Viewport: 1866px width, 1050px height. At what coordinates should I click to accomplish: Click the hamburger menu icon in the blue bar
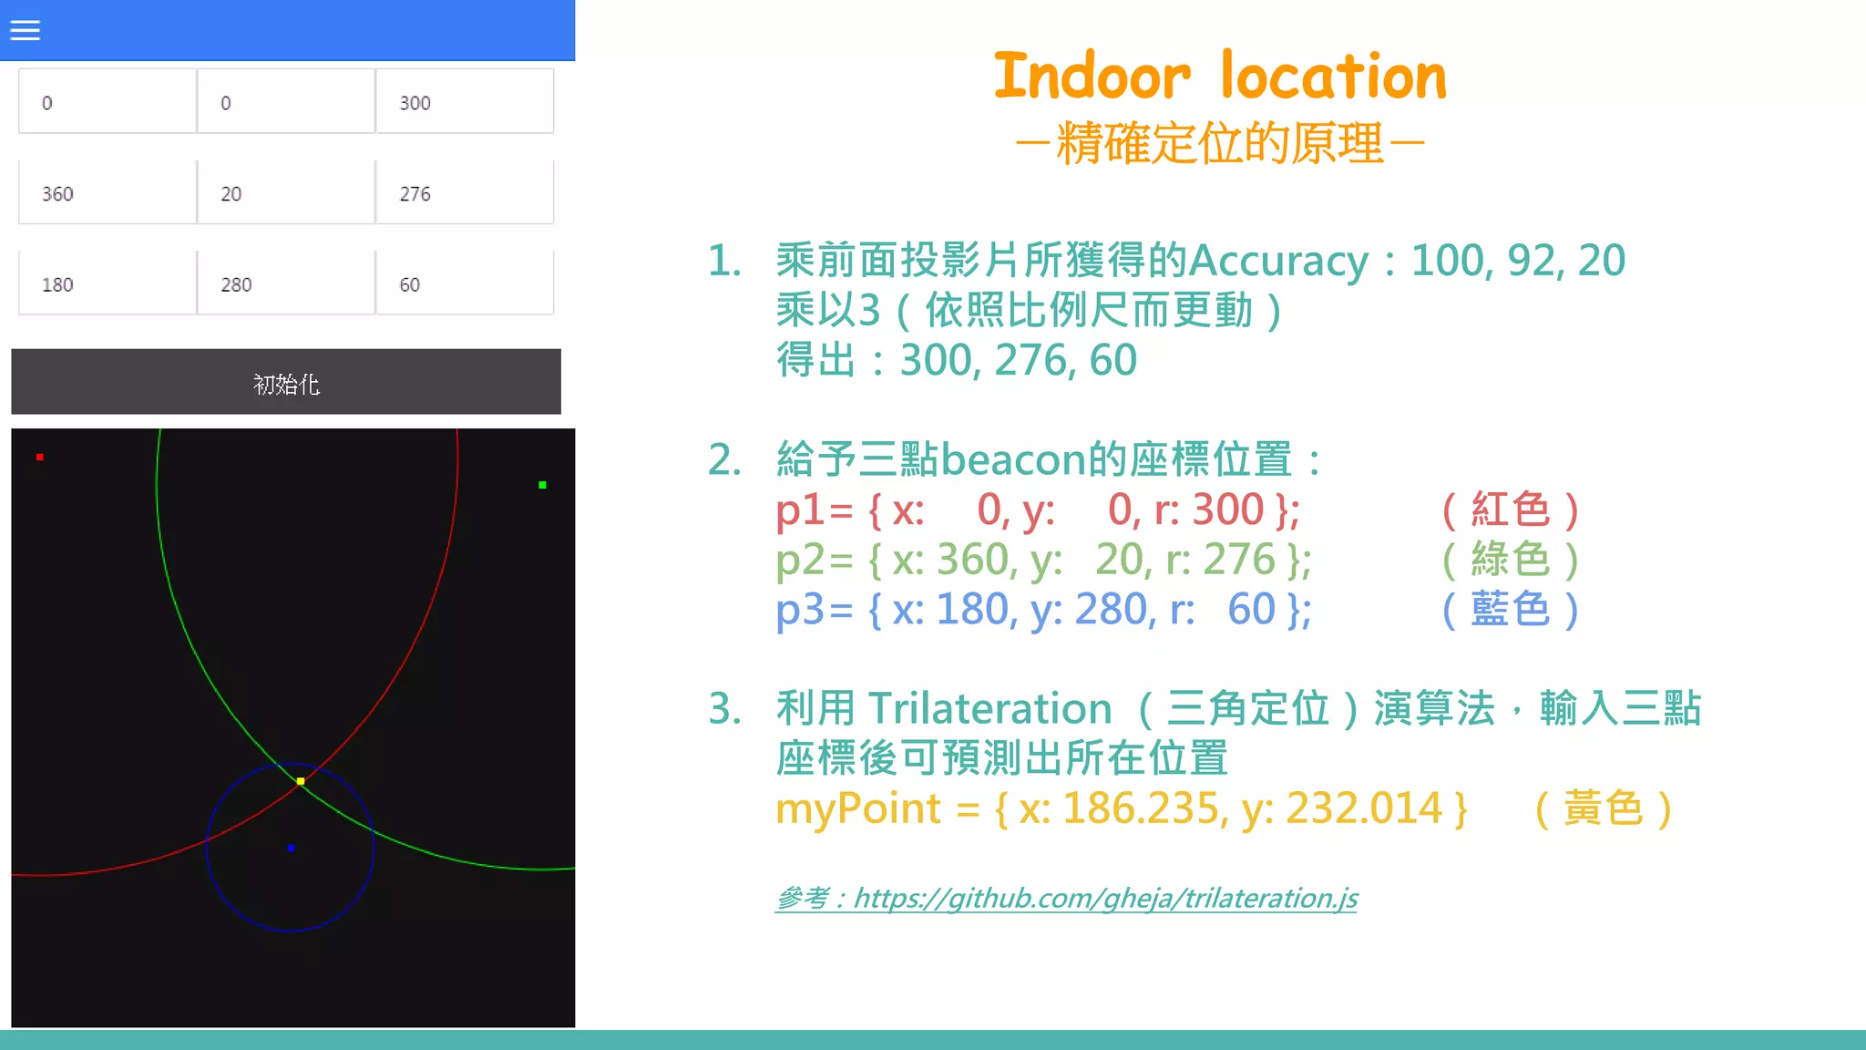pos(25,30)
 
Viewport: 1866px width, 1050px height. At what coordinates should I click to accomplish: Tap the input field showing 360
pos(108,193)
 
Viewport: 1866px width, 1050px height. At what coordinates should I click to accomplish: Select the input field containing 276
pos(464,193)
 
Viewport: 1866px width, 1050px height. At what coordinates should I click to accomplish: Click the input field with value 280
pos(285,284)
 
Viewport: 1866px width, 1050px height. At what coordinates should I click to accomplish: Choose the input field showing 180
pos(108,284)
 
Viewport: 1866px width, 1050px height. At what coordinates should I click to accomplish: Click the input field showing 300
pos(464,102)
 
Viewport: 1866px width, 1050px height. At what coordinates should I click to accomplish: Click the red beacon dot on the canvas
pos(40,457)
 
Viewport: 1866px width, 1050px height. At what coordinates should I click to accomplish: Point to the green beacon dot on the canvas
pos(542,485)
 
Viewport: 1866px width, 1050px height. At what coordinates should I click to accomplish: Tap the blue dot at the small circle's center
pos(291,848)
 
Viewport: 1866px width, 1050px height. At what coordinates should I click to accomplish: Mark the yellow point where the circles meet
pos(301,781)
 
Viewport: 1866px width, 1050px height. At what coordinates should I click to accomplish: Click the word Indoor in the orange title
pos(1092,77)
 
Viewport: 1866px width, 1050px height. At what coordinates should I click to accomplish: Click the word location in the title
pos(1333,77)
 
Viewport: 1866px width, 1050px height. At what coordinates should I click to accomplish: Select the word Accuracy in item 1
pos(1278,262)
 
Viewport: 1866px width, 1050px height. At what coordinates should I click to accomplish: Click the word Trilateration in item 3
pos(989,709)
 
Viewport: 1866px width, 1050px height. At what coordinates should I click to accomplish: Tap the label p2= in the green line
pos(814,560)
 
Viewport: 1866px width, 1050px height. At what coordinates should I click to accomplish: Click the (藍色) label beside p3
pos(1510,610)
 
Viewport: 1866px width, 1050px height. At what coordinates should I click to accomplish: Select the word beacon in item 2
pos(1013,459)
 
